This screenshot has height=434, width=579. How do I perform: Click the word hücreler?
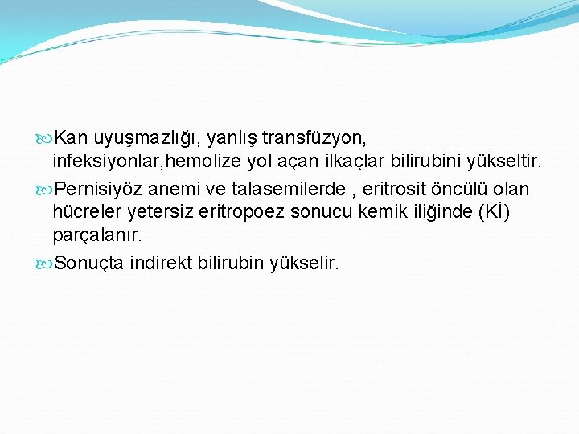coord(85,212)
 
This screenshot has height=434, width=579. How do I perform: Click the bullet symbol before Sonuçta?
coord(45,263)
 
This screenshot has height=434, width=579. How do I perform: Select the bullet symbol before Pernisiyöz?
coord(45,190)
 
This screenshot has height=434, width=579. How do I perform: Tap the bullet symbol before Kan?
coord(45,139)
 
